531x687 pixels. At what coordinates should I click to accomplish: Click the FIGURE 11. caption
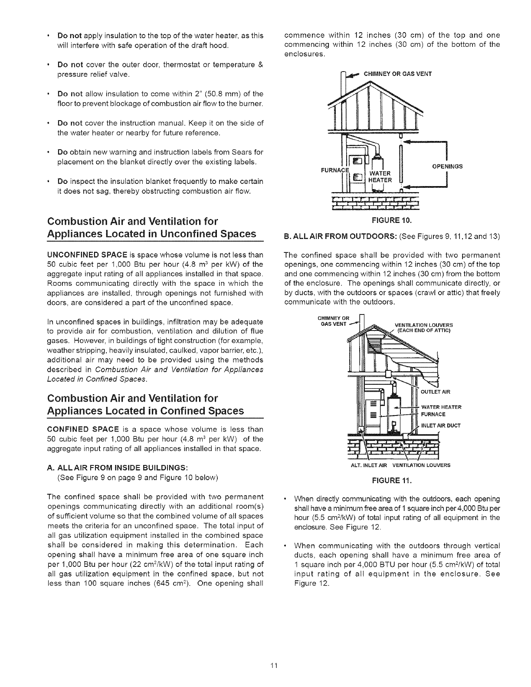pos(392,481)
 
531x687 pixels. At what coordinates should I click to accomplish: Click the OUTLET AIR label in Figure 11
pos(436,392)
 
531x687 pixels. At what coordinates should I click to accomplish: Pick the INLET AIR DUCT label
pos(440,425)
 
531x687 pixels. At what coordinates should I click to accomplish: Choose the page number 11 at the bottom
pos(265,665)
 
